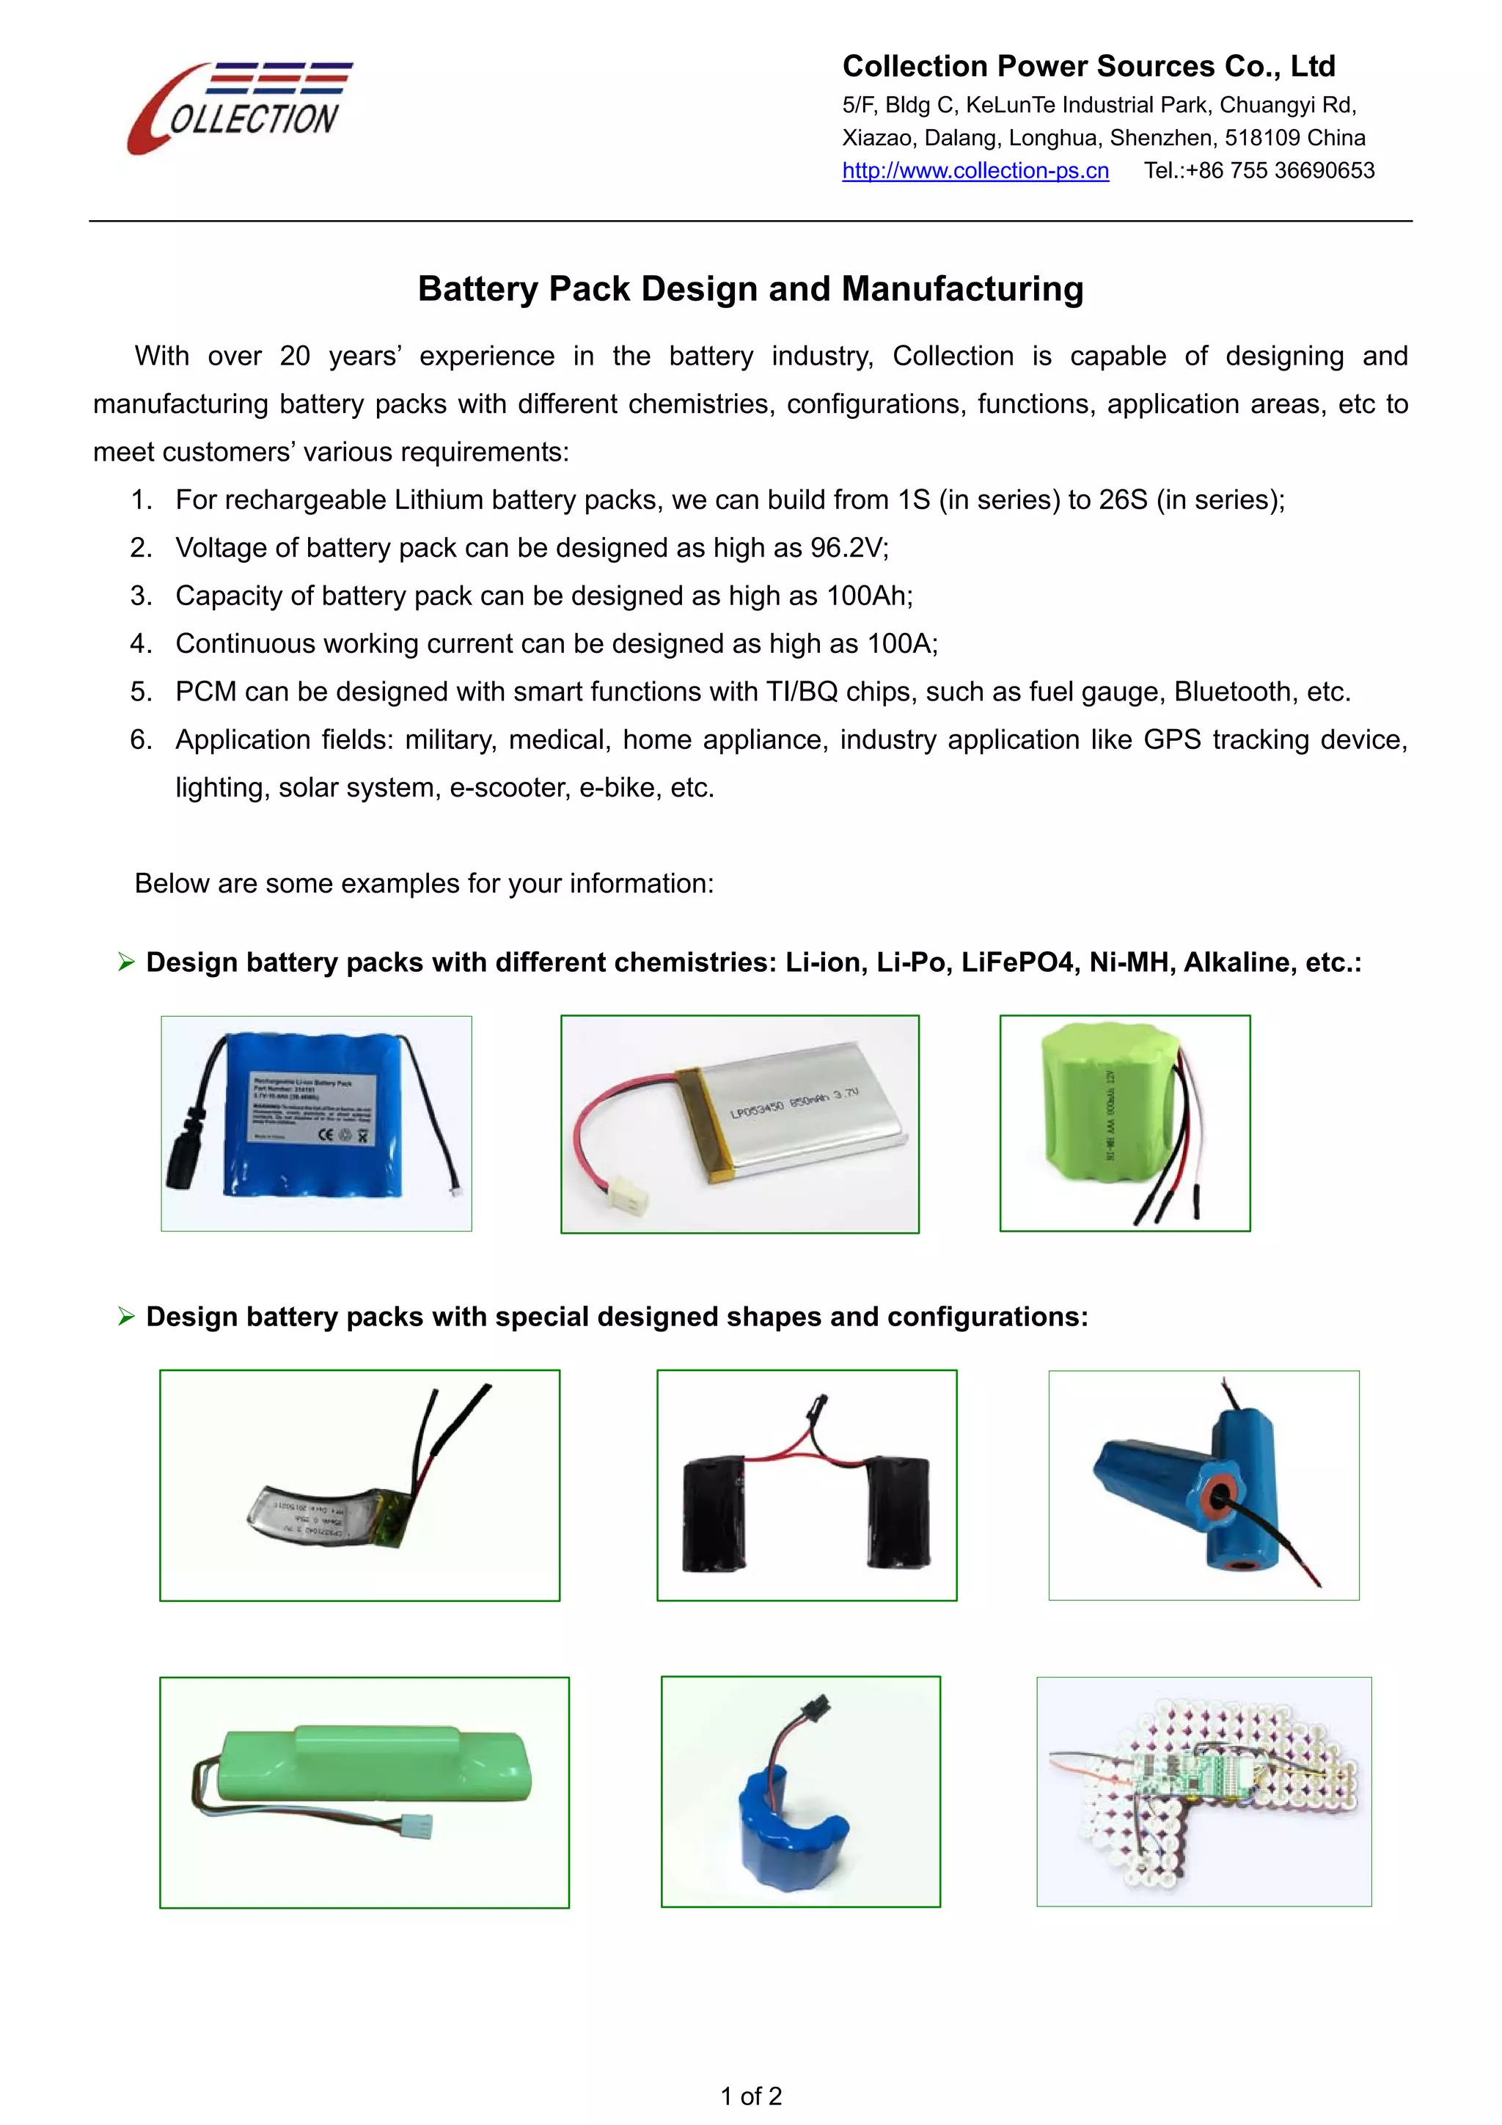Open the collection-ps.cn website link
coord(975,171)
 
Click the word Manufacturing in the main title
coord(962,289)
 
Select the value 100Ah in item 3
coord(869,596)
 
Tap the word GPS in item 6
coord(1172,740)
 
